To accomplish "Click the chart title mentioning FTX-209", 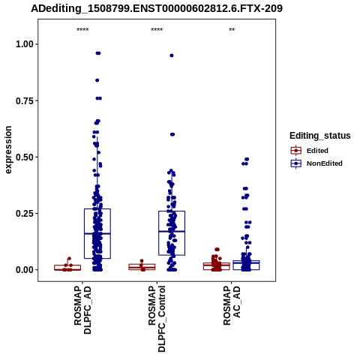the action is (157, 8).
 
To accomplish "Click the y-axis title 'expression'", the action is (8, 150).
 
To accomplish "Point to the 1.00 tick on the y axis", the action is (25, 44).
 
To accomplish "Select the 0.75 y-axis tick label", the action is (25, 100).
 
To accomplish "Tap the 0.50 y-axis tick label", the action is (25, 157).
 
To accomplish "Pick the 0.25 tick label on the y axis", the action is (25, 214).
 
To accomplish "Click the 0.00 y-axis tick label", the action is (25, 270).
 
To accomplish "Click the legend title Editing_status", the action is (320, 136).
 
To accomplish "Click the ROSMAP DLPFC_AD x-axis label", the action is (82, 310).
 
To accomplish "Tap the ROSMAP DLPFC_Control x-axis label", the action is (157, 319).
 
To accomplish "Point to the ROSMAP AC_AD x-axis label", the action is (232, 306).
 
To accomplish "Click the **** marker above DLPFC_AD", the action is (82, 30).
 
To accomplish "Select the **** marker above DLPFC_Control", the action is (157, 30).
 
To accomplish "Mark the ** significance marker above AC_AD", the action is (232, 30).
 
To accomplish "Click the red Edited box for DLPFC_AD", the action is (67, 265).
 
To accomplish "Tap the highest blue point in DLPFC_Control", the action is (172, 55).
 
